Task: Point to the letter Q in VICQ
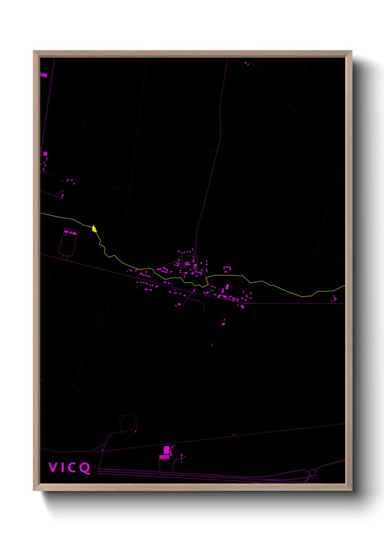coord(85,467)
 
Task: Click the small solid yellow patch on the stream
coord(94,229)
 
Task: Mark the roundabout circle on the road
coord(312,473)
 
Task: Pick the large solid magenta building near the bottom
coord(166,450)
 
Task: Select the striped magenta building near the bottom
coord(164,457)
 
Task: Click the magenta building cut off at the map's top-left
coord(44,75)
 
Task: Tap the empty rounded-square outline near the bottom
coord(128,423)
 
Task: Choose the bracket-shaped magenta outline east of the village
coord(227,269)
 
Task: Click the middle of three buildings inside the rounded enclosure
coord(71,232)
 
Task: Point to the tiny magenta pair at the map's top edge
coord(246,64)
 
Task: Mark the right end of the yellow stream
coord(344,286)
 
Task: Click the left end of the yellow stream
coord(41,213)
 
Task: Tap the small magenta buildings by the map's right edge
coord(334,299)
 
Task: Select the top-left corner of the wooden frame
coord(34,51)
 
